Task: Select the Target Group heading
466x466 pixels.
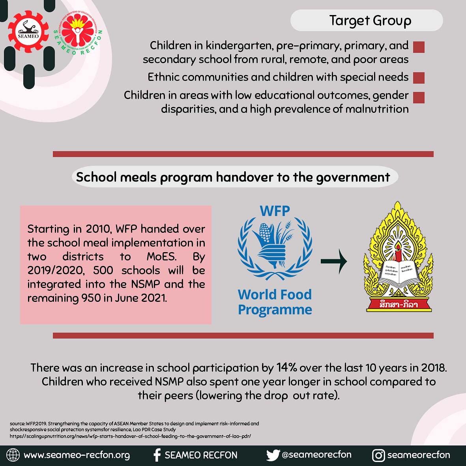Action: [x=370, y=21]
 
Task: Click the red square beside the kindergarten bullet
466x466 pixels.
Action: [x=418, y=47]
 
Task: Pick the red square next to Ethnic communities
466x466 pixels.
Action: [x=418, y=78]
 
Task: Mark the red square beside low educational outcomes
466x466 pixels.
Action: [x=418, y=97]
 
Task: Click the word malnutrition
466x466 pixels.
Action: [x=376, y=109]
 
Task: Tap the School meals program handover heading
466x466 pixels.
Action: [x=233, y=177]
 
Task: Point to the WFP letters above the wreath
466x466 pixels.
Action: [x=275, y=211]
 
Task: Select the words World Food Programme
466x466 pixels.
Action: [x=275, y=302]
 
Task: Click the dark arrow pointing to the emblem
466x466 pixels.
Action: [x=333, y=261]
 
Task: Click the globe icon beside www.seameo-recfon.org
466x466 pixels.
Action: [x=13, y=455]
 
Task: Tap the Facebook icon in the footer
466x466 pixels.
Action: [x=157, y=455]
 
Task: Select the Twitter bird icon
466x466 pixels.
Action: [x=273, y=455]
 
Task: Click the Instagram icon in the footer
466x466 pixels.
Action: [x=378, y=455]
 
